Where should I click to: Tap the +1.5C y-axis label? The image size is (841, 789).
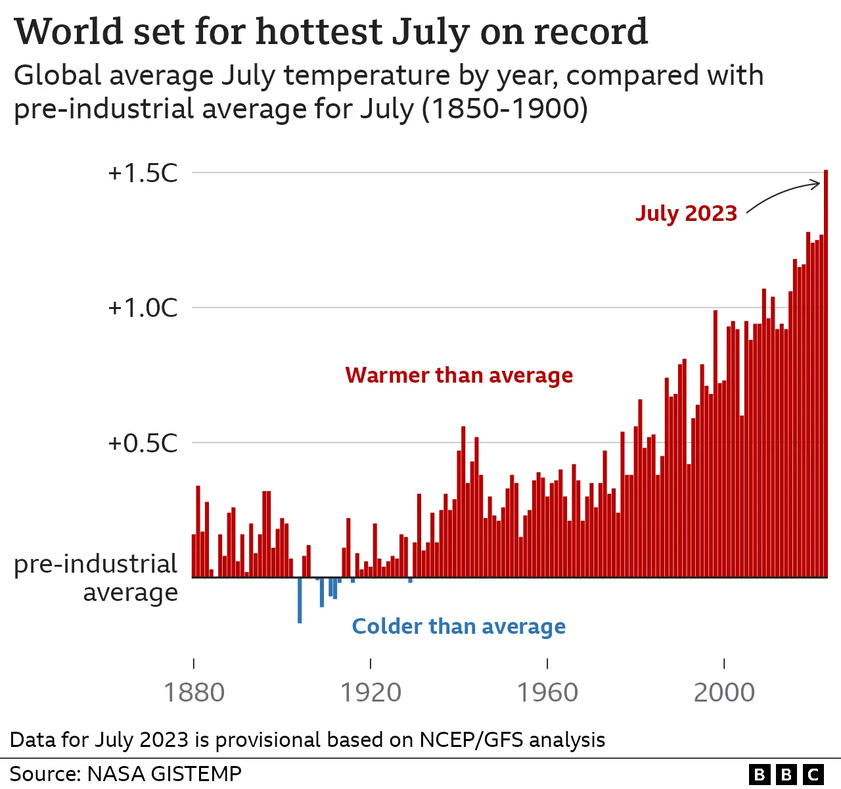point(143,173)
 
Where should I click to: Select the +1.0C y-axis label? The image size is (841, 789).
point(143,308)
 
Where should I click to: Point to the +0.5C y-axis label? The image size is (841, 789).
point(143,443)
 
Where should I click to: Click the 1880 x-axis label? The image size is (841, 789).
point(194,692)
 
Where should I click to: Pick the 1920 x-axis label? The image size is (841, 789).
point(371,692)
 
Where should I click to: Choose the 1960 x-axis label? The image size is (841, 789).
point(547,692)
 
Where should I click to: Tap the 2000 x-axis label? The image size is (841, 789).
point(724,692)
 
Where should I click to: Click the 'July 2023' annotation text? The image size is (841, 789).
point(686,213)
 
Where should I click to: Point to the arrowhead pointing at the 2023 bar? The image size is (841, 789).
point(819,185)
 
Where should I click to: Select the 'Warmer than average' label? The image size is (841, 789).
point(459,375)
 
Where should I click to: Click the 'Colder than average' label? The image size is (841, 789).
point(459,627)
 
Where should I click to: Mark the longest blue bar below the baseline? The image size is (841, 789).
point(300,600)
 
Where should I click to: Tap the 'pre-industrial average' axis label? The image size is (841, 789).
point(96,578)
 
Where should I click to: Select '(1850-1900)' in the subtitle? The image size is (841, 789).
point(505,108)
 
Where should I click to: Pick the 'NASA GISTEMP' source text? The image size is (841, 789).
point(164,773)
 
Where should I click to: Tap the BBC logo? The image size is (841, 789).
point(786,775)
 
